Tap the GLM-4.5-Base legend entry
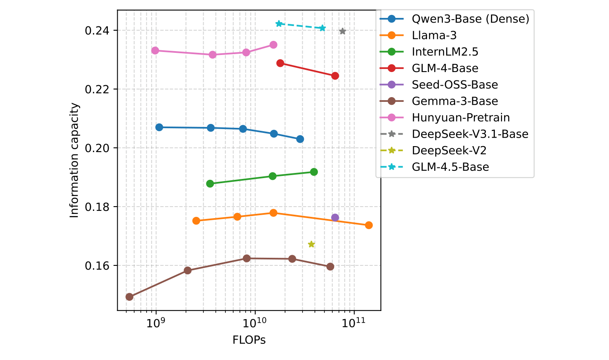(450, 167)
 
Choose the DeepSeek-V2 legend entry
(449, 150)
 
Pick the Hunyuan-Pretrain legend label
(461, 118)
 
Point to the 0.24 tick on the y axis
(97, 31)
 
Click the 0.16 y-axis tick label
(97, 266)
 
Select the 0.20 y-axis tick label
(97, 148)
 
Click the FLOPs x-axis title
(249, 340)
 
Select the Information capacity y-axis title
(75, 160)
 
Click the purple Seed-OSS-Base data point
(335, 218)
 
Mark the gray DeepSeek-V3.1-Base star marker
(342, 31)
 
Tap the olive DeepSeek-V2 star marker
(312, 244)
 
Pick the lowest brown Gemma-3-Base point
(130, 297)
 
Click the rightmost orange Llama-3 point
(369, 225)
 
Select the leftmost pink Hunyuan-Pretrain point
(155, 50)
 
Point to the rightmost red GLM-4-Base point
(335, 76)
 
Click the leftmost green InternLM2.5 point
(210, 184)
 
